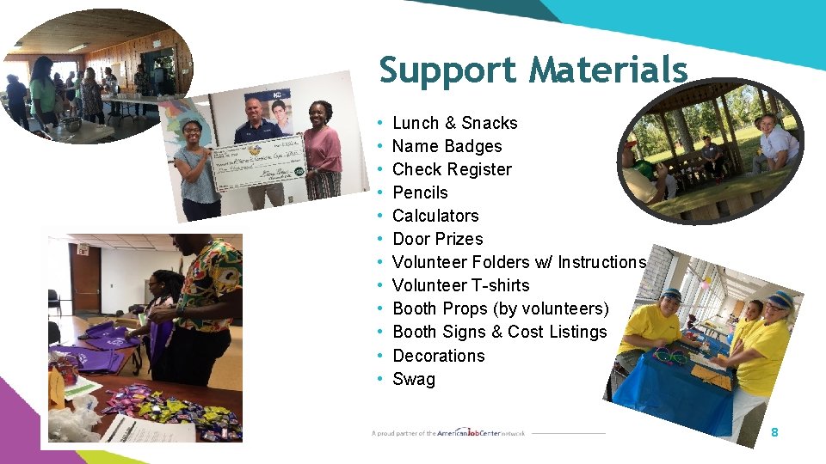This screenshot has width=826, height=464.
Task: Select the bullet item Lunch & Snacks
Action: (x=454, y=123)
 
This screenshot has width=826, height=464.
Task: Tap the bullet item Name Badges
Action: (x=447, y=146)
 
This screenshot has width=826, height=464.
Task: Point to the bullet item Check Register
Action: (x=452, y=169)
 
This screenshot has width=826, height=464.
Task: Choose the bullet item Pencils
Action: (x=420, y=192)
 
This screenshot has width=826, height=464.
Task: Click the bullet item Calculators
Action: (x=435, y=216)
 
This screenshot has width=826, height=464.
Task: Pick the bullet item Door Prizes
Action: (x=437, y=239)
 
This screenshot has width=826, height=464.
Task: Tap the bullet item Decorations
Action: (x=438, y=356)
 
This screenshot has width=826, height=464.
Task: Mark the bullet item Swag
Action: (x=414, y=379)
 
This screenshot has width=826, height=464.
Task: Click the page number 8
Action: (x=774, y=432)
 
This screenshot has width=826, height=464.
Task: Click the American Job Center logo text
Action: (x=465, y=432)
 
